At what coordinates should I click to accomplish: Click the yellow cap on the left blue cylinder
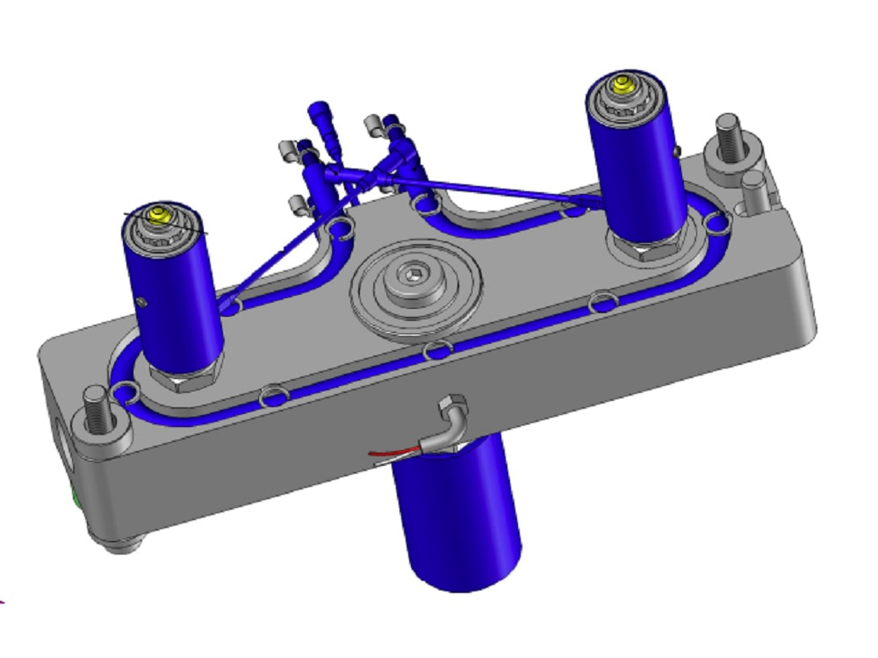click(x=160, y=214)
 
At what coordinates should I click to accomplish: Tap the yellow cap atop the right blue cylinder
click(x=623, y=84)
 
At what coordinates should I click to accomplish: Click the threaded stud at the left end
click(x=97, y=408)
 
